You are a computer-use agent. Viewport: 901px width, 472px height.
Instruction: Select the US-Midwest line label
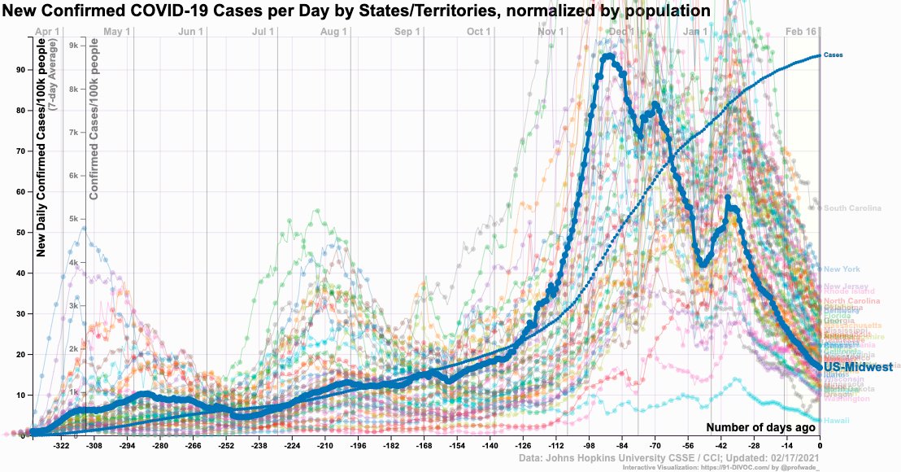[859, 368]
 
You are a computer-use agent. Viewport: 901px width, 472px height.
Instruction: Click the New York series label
[841, 269]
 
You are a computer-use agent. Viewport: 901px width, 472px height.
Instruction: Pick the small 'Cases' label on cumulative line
[833, 55]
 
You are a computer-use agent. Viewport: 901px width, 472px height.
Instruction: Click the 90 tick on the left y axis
[19, 70]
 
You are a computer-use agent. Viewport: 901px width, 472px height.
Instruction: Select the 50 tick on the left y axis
[19, 233]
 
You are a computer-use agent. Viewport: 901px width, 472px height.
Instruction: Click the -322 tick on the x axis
[61, 447]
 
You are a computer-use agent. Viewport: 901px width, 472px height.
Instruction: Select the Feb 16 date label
[801, 32]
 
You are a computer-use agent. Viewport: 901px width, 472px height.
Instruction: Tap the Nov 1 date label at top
[551, 32]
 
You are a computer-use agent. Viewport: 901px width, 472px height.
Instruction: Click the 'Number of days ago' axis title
[760, 427]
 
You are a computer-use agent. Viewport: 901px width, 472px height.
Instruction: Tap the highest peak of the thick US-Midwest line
[609, 56]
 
